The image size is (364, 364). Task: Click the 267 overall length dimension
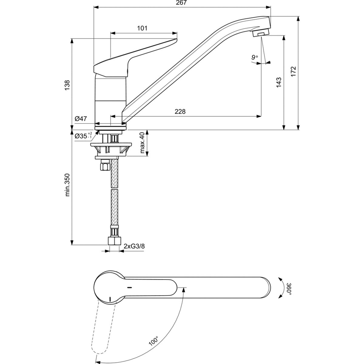pyautogui.click(x=182, y=3)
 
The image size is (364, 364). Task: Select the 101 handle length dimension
pyautogui.click(x=142, y=28)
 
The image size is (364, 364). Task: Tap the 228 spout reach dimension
pyautogui.click(x=180, y=112)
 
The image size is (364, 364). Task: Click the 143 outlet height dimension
pyautogui.click(x=279, y=83)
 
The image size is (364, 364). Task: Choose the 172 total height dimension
pyautogui.click(x=293, y=72)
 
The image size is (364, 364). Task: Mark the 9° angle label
pyautogui.click(x=254, y=57)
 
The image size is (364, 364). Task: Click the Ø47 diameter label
pyautogui.click(x=81, y=119)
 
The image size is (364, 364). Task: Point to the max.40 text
pyautogui.click(x=143, y=143)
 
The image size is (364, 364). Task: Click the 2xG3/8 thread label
pyautogui.click(x=134, y=246)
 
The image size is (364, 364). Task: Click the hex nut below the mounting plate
pyautogui.click(x=104, y=167)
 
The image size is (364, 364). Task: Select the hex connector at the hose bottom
pyautogui.click(x=114, y=241)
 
